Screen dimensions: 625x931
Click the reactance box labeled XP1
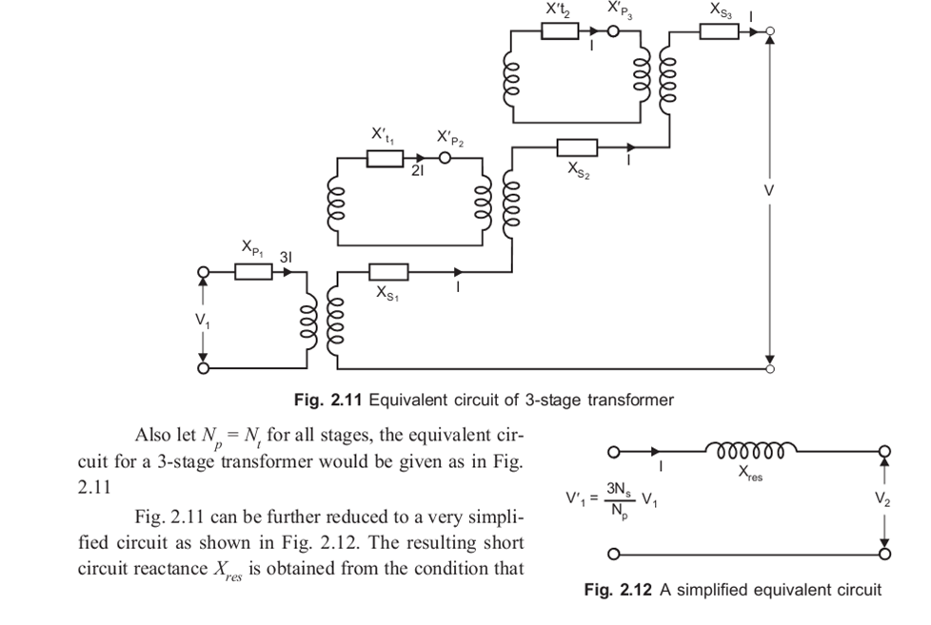(x=253, y=272)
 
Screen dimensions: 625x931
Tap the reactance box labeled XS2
(x=577, y=147)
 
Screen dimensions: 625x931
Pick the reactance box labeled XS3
(x=720, y=31)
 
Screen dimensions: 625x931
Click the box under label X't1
(x=386, y=158)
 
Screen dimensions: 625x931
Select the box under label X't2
(x=560, y=31)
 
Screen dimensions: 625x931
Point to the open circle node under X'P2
(x=444, y=158)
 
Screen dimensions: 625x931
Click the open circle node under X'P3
(x=612, y=31)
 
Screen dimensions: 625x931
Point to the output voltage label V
(x=769, y=190)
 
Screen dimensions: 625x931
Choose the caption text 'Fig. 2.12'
(x=618, y=590)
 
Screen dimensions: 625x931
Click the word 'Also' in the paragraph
(x=153, y=436)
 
